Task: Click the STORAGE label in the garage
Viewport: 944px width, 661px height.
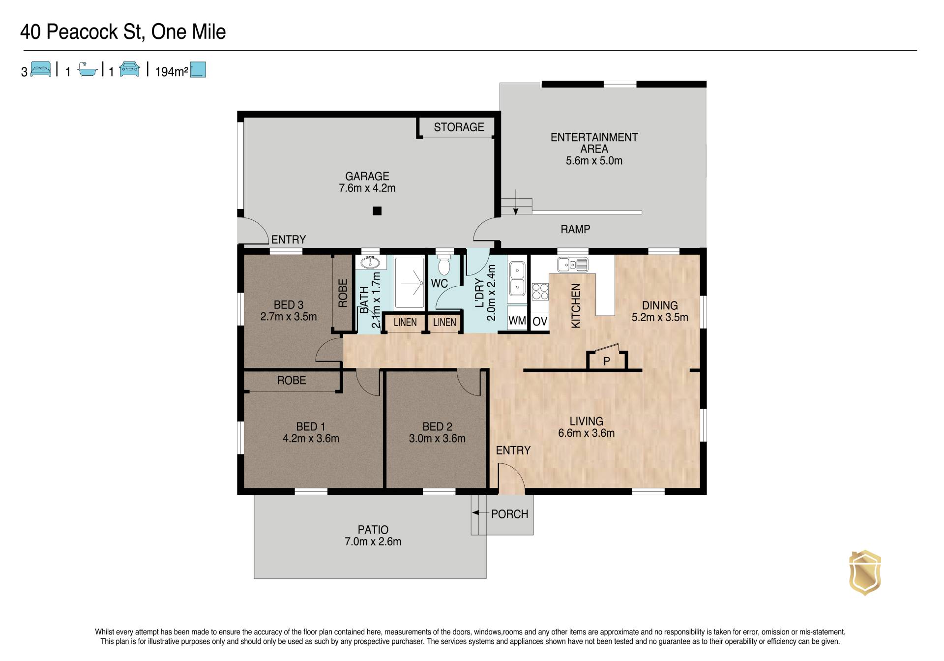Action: tap(459, 127)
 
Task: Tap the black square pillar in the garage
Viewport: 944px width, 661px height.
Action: tap(377, 211)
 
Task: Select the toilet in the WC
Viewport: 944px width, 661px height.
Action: tap(444, 265)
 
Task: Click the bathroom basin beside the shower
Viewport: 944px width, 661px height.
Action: tap(371, 262)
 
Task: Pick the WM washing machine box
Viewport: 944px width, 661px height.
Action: tap(517, 321)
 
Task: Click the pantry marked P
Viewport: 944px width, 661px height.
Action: tap(607, 361)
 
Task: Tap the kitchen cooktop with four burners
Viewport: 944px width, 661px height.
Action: tap(540, 292)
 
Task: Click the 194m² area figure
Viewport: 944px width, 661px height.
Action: tap(172, 72)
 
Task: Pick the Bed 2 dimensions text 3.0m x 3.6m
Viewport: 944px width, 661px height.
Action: tap(437, 438)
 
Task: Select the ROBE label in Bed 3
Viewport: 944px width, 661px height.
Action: tap(343, 293)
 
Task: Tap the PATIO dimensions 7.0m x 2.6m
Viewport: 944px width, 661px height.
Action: tap(373, 541)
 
